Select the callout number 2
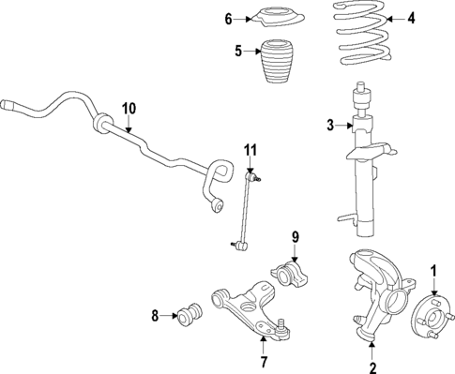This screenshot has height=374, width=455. pos(372,367)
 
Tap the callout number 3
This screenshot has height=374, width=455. pos(330,125)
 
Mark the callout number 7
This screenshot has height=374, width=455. pos(265,360)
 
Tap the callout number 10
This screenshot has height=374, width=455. pos(129,107)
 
